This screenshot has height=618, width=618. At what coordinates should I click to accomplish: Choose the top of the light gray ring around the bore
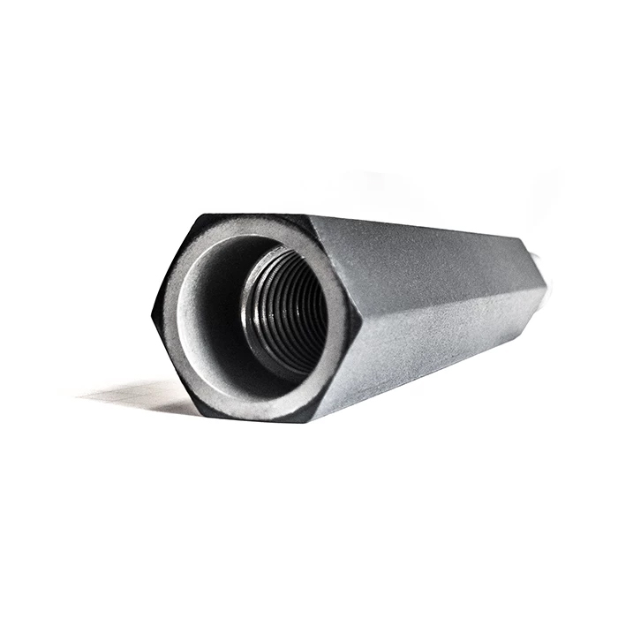click(x=256, y=228)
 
